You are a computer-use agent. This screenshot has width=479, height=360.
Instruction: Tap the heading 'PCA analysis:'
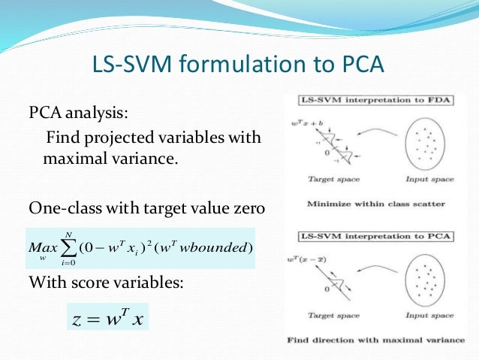pyautogui.click(x=79, y=113)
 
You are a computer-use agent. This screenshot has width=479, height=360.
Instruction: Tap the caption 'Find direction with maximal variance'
pyautogui.click(x=375, y=340)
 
